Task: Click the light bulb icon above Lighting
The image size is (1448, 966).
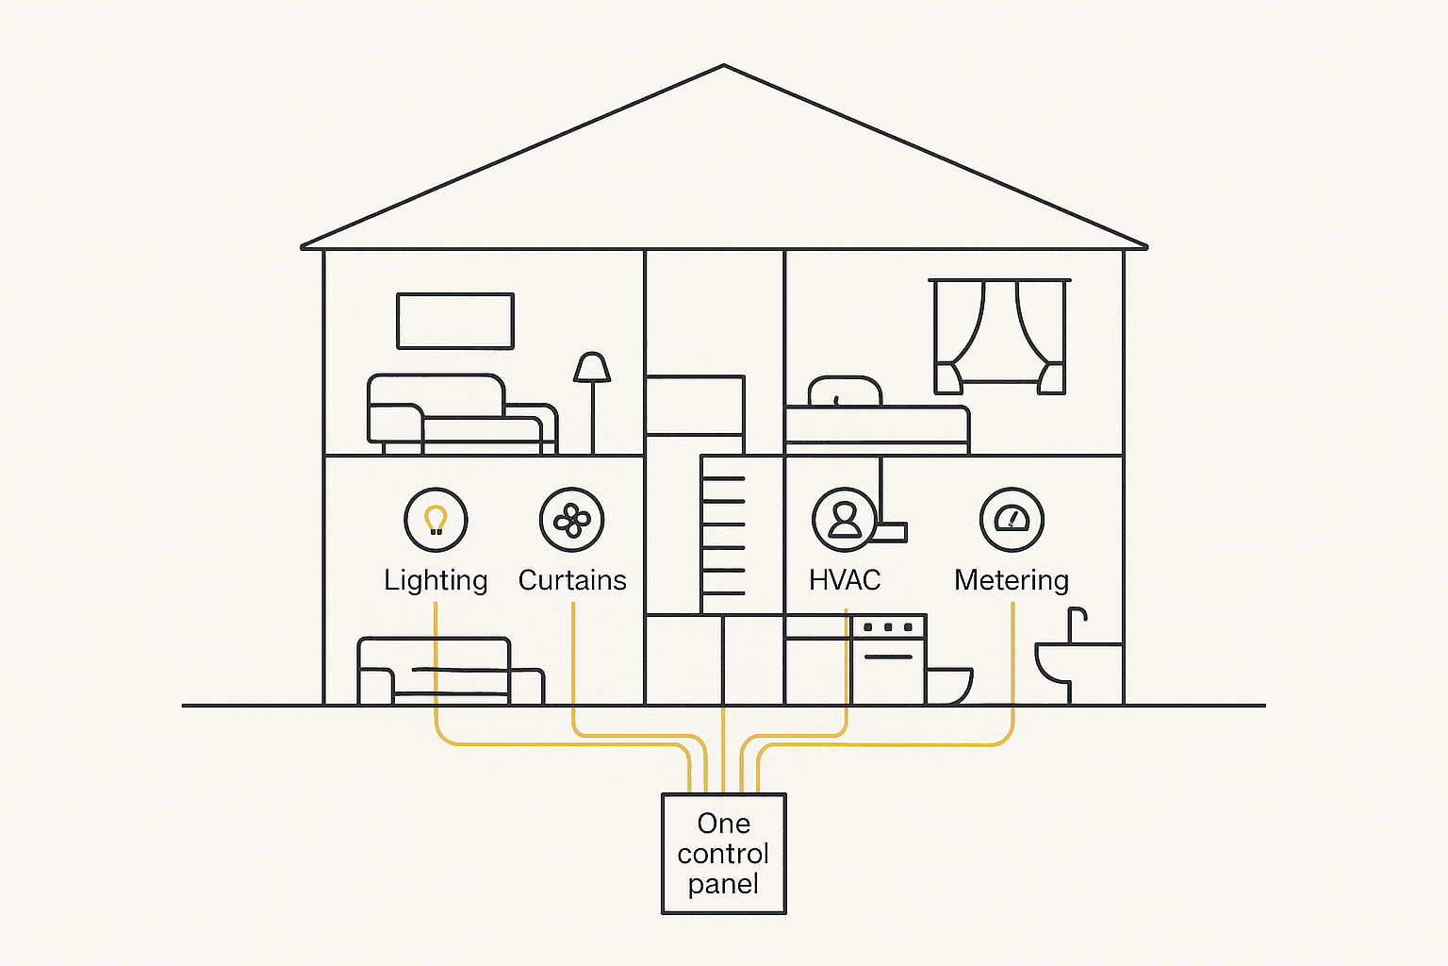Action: pos(436,520)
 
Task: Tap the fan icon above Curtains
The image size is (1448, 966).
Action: pos(572,520)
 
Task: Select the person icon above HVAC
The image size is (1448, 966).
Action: pos(845,520)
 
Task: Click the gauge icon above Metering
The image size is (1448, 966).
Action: pos(1012,520)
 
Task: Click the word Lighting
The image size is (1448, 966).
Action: pos(436,580)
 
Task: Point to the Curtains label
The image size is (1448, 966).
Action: pos(572,580)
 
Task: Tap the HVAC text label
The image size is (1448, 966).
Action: pos(845,580)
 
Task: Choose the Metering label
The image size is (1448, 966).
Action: pos(1012,580)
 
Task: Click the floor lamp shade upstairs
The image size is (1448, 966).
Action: pos(592,367)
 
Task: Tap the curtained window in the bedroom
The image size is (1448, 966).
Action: pos(999,337)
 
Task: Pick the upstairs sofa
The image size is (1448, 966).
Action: pos(462,414)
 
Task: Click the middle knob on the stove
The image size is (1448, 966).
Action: pos(888,627)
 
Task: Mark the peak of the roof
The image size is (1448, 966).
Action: pos(724,65)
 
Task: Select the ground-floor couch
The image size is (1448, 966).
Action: pos(451,671)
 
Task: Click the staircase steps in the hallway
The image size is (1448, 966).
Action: pos(723,536)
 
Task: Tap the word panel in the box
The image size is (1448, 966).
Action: pos(723,885)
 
